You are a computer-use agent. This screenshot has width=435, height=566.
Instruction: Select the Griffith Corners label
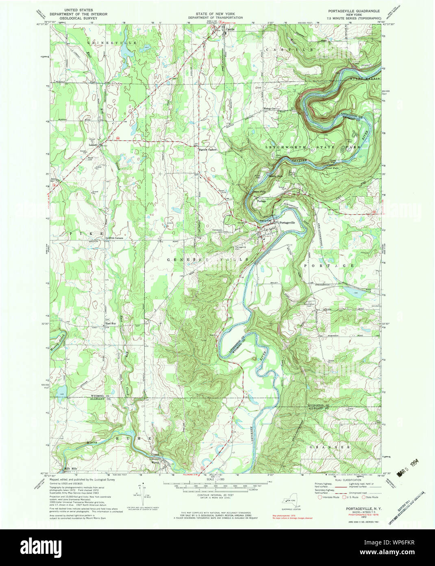click(114, 238)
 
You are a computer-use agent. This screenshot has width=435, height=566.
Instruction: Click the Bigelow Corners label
click(207, 150)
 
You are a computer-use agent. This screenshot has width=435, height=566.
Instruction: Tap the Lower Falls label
click(331, 168)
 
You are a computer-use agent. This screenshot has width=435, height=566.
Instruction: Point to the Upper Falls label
click(259, 191)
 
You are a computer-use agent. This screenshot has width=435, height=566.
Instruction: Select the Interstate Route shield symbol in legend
click(320, 497)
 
